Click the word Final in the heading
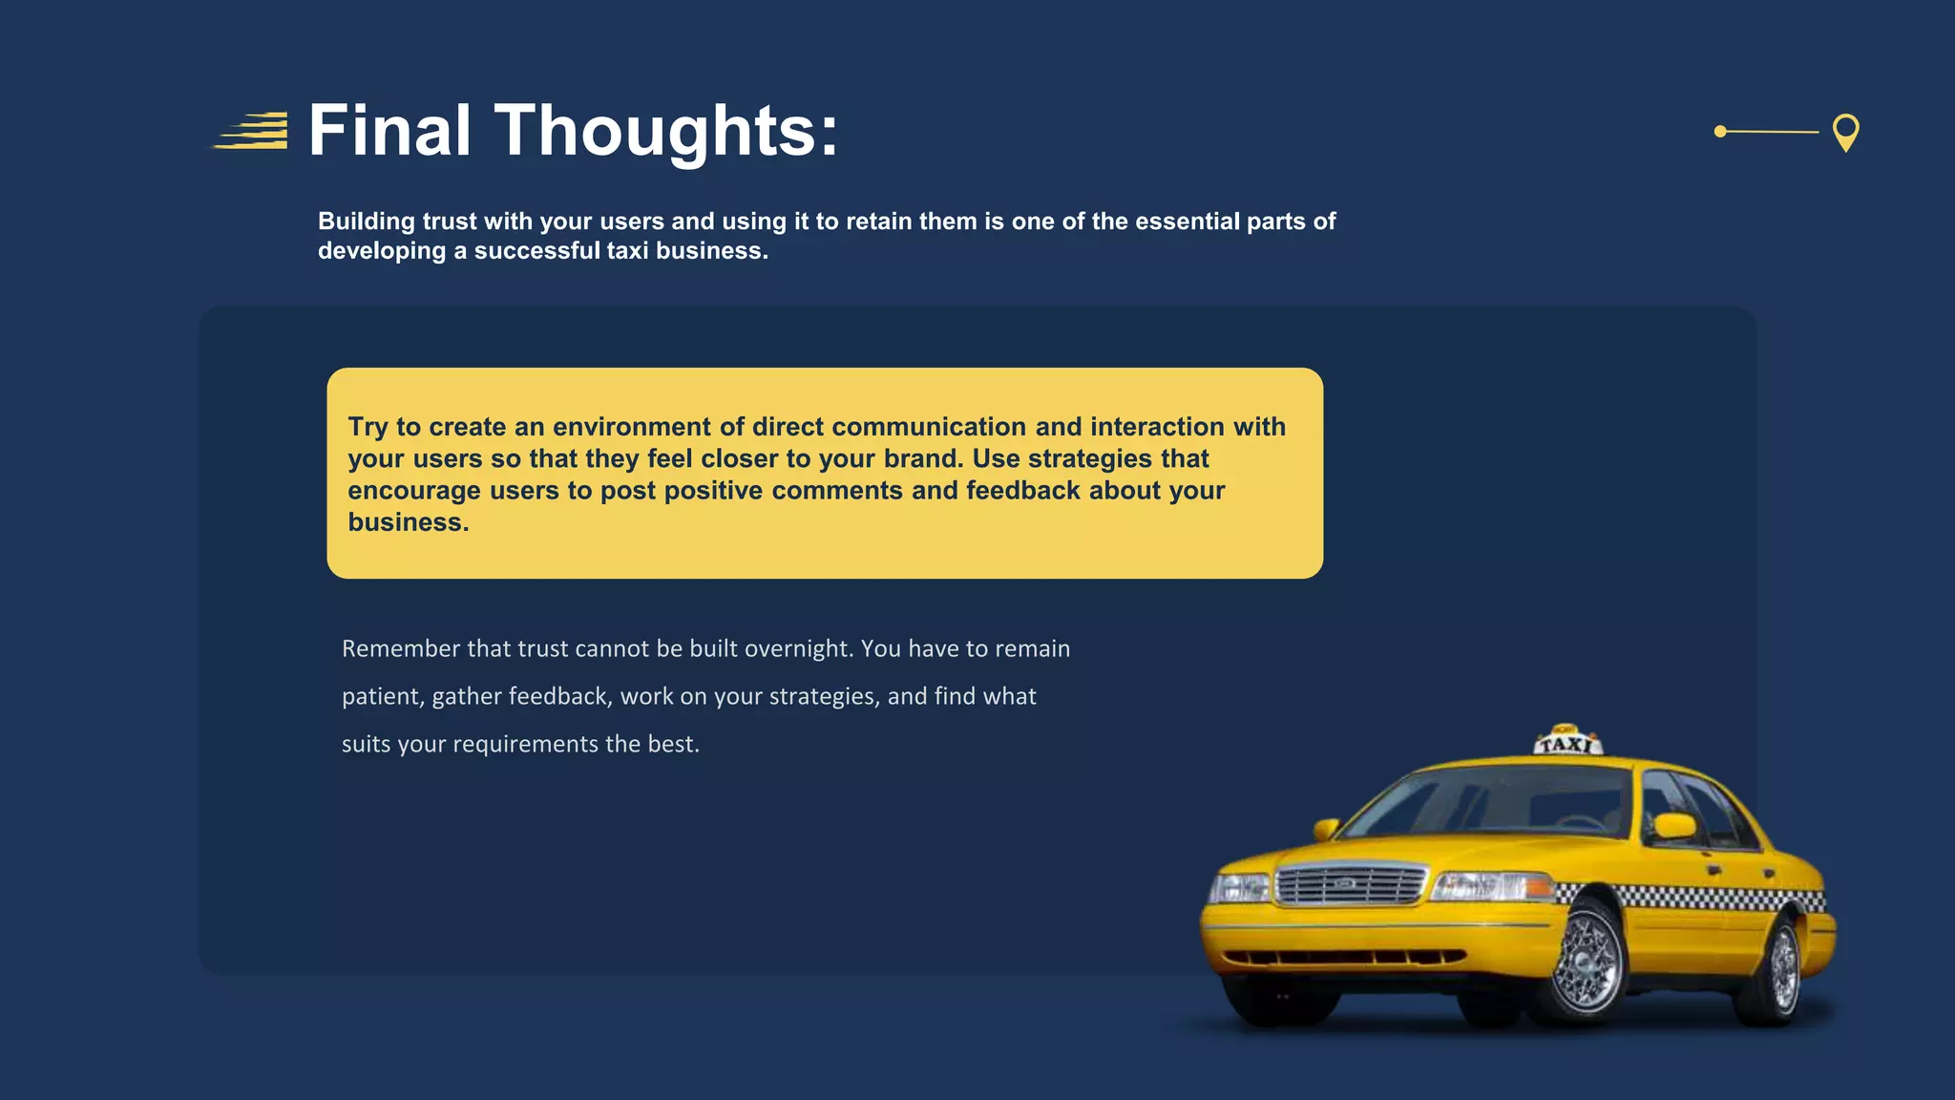[x=389, y=131]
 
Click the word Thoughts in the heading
[x=655, y=131]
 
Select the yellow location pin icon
[x=1845, y=131]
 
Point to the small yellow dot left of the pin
[x=1720, y=132]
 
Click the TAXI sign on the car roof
[x=1566, y=742]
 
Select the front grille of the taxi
[x=1349, y=884]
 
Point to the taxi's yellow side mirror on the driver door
[x=1675, y=825]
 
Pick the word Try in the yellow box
[x=368, y=427]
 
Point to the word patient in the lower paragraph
[x=382, y=697]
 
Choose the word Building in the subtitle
[x=367, y=222]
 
